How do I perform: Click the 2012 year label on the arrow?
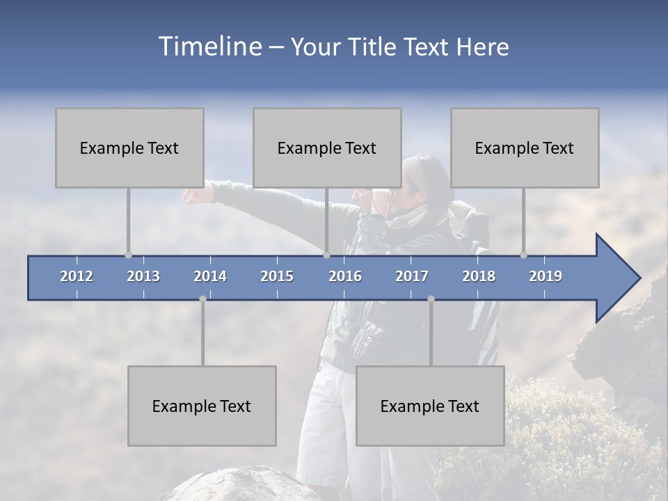(x=77, y=276)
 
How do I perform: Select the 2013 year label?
(x=143, y=276)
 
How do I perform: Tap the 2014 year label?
(x=210, y=276)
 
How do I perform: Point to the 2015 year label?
(x=277, y=276)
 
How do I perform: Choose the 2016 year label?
(x=345, y=276)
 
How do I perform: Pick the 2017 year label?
(x=412, y=276)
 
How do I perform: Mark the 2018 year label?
(x=479, y=276)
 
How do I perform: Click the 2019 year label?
(x=546, y=276)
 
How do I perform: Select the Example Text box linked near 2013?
(x=129, y=148)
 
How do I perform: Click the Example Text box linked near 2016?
(x=327, y=148)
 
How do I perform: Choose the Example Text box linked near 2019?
(x=525, y=148)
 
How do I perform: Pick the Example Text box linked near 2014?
(x=202, y=406)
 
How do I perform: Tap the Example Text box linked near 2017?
(x=430, y=406)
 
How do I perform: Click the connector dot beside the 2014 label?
(x=202, y=299)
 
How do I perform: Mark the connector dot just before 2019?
(x=523, y=255)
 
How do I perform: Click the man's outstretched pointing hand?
(x=196, y=195)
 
